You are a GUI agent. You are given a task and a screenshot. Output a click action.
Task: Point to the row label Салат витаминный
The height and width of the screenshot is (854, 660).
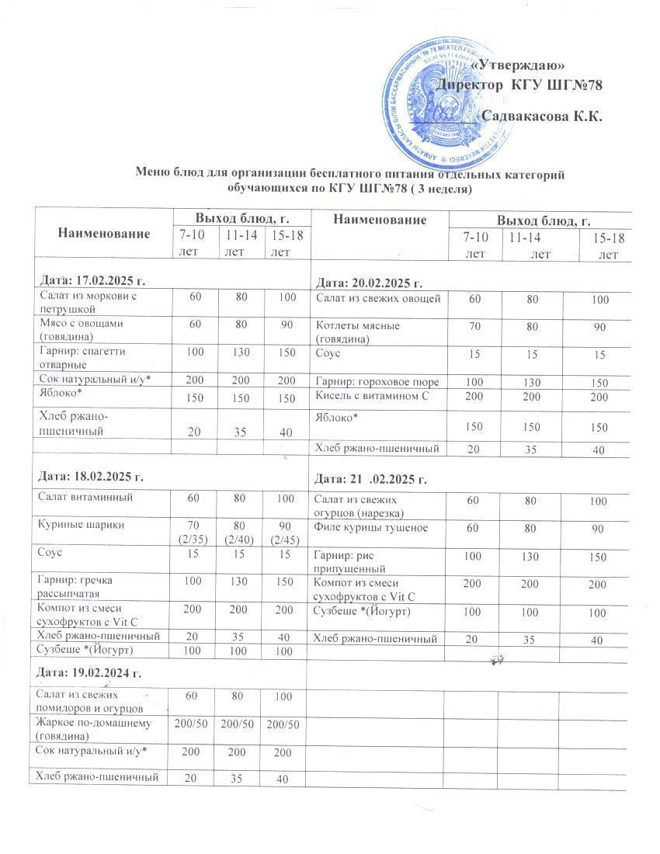(x=78, y=497)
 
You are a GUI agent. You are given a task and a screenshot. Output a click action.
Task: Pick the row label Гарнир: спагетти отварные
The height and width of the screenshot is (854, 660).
(x=82, y=358)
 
